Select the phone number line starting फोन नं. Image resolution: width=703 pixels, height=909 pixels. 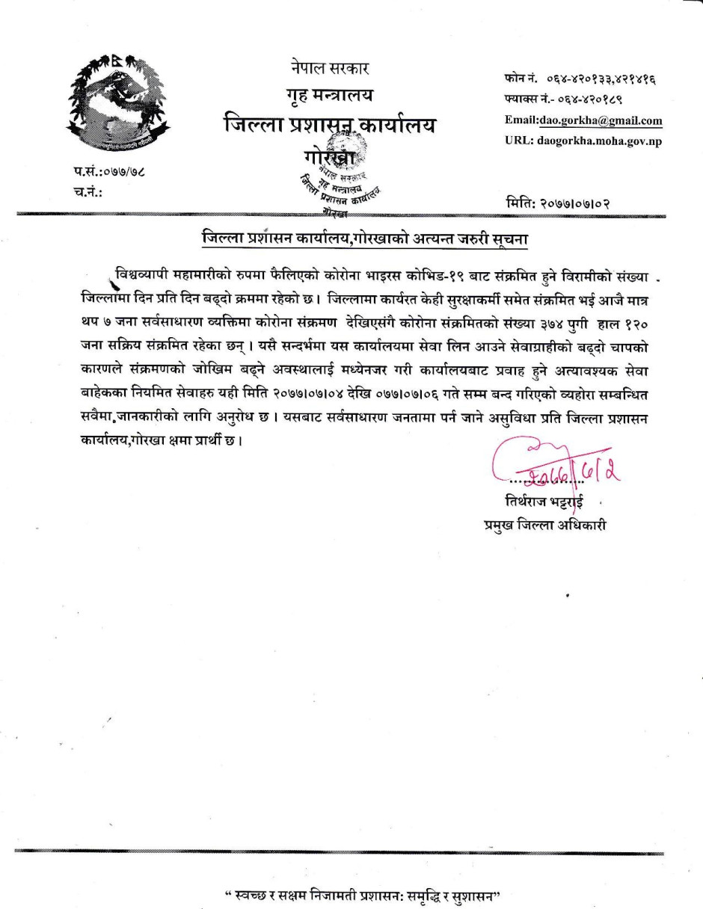[576, 80]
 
